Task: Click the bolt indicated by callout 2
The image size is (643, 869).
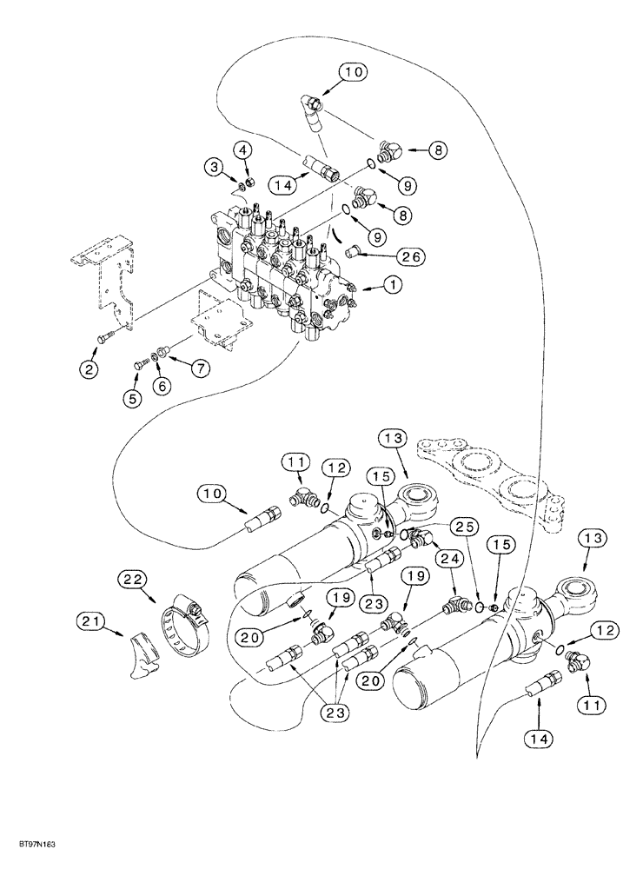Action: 105,338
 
